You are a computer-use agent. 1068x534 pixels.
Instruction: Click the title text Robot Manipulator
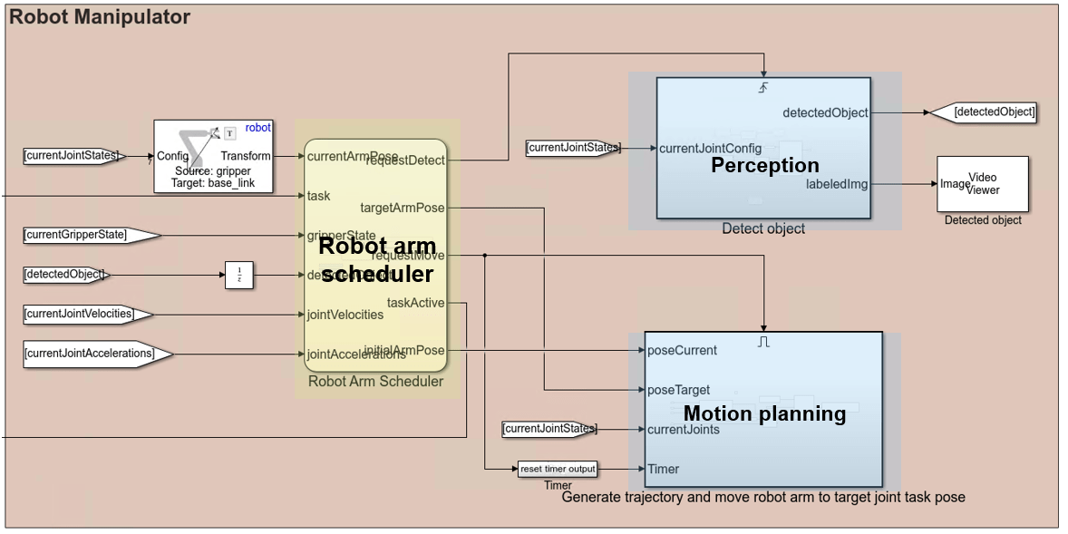[100, 17]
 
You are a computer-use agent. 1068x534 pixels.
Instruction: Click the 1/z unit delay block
[238, 275]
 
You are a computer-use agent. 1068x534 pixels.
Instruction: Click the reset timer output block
[558, 469]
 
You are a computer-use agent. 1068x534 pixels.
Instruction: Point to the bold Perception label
[764, 165]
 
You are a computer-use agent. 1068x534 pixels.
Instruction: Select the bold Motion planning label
[764, 414]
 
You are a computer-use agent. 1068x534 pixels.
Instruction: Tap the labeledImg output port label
[837, 184]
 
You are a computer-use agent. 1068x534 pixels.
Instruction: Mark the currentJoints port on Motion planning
[684, 429]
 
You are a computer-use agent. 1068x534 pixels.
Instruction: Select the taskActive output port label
[415, 303]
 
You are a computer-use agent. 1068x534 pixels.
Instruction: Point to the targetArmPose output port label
[403, 208]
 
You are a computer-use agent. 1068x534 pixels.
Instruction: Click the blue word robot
[257, 128]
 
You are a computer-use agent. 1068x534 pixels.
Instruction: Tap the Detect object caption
[763, 228]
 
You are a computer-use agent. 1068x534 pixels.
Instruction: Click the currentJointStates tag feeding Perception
[572, 148]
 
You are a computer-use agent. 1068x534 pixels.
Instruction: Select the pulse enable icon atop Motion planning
[763, 342]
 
